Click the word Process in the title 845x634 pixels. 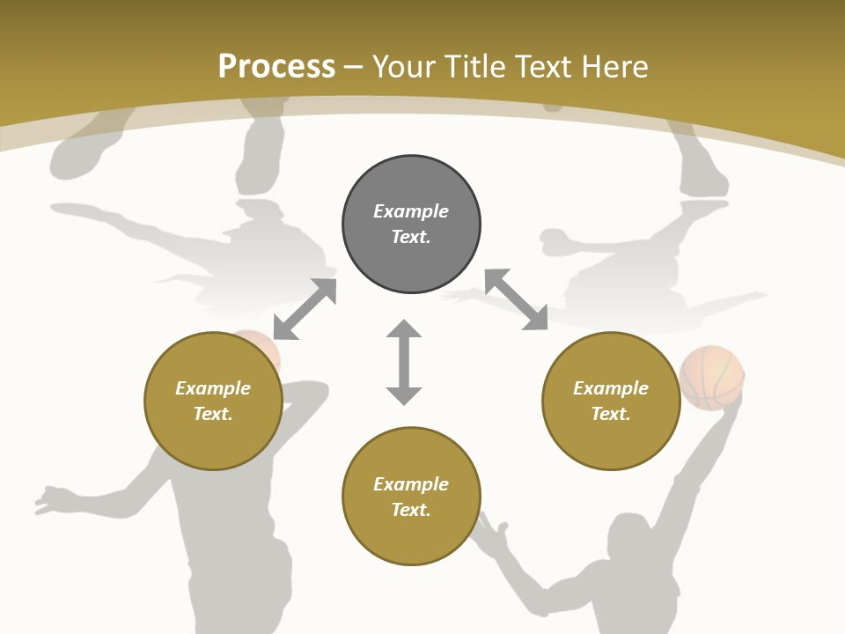pos(276,67)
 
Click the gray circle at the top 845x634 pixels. pos(411,225)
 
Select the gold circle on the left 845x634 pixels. pos(213,401)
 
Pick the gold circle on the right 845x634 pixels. pos(611,401)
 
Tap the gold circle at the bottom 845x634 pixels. pos(411,496)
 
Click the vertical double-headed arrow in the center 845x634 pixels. pos(404,362)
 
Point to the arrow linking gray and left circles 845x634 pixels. pos(305,308)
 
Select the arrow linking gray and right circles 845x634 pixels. pos(516,299)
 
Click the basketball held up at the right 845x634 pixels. pos(712,376)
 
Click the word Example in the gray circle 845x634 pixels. pos(411,211)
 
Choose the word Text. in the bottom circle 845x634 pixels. pos(411,510)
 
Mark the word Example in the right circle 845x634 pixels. pos(611,388)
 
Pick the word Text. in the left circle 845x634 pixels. pos(213,414)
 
